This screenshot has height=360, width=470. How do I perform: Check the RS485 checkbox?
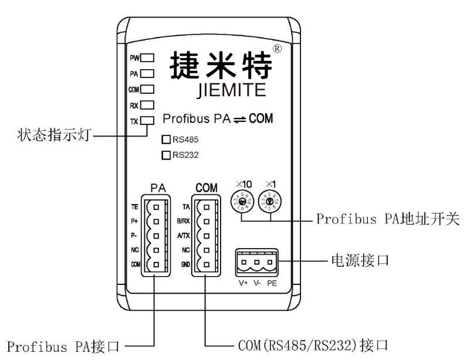click(x=165, y=140)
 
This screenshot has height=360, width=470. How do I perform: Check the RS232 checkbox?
click(x=165, y=155)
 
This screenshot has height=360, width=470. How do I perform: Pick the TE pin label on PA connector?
click(x=134, y=207)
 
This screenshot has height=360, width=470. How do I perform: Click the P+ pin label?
click(x=134, y=222)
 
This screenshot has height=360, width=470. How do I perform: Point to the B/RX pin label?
click(x=183, y=222)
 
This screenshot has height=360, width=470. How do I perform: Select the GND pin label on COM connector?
click(x=184, y=264)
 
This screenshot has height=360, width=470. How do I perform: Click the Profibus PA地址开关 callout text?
click(x=388, y=220)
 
